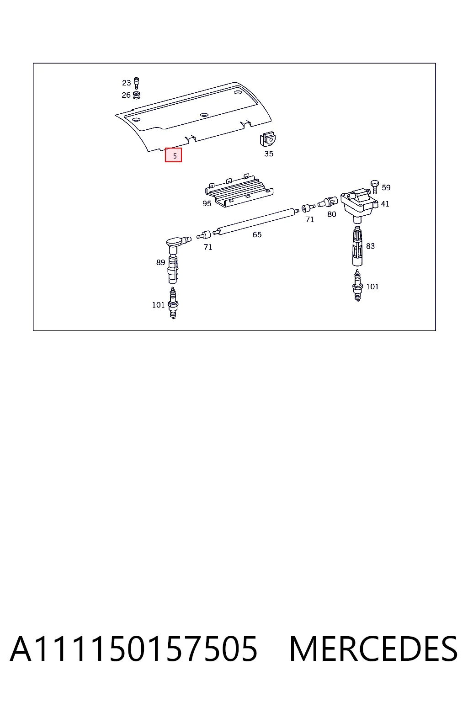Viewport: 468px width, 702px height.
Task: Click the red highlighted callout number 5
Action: coord(173,155)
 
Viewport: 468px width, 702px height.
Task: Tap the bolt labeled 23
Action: coord(136,83)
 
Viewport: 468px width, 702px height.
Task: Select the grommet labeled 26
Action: coord(136,95)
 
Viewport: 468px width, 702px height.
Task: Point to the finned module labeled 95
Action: coord(239,191)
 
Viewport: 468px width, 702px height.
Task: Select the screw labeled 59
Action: coord(375,187)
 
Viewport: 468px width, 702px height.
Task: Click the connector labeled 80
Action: coord(328,202)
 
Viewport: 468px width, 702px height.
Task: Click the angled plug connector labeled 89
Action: coord(175,259)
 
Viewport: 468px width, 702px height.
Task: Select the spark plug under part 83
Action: coord(357,286)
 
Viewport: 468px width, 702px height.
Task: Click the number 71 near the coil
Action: coord(310,220)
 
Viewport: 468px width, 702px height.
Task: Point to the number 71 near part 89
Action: coord(208,247)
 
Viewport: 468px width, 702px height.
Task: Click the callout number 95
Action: coord(207,204)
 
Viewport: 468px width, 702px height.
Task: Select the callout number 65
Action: coord(257,235)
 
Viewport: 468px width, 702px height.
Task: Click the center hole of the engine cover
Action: coord(204,115)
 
